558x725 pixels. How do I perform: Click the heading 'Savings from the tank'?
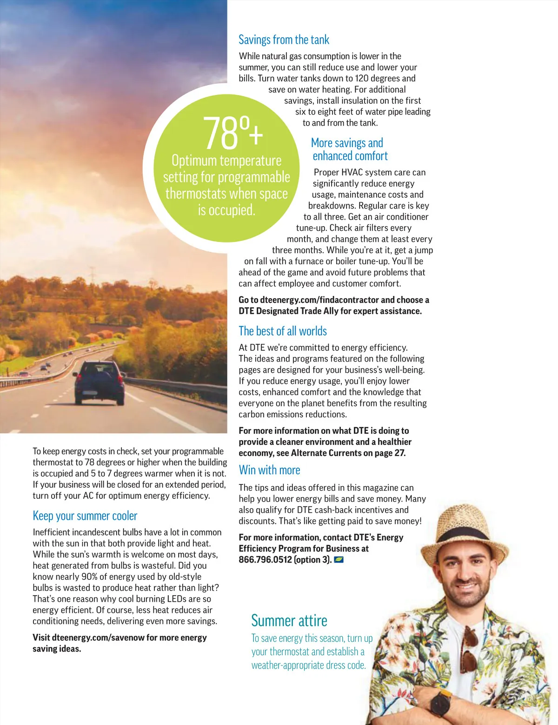284,40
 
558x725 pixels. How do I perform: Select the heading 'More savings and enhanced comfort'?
349,149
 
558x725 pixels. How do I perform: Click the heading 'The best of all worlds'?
283,331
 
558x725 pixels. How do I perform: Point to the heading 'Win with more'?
269,470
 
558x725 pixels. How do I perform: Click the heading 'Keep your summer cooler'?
85,516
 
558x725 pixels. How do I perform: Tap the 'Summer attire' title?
289,621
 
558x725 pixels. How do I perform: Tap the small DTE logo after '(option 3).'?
339,560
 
